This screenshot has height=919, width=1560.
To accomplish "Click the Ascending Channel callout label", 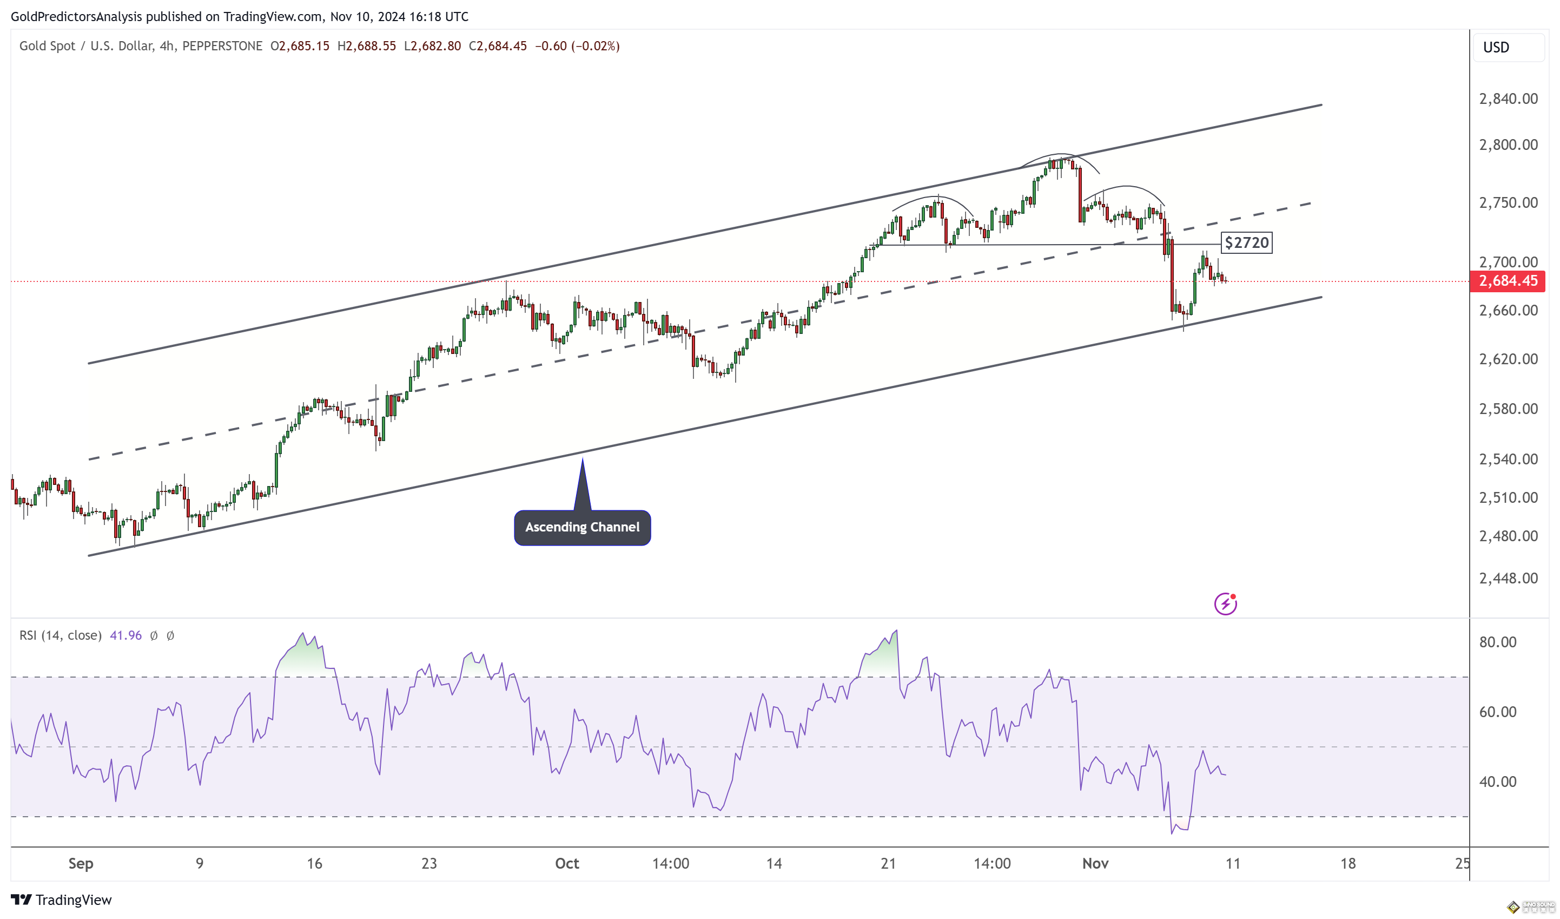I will pos(582,527).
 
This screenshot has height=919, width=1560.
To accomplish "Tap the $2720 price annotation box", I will pos(1246,242).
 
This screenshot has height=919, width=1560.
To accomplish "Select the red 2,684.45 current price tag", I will pos(1508,281).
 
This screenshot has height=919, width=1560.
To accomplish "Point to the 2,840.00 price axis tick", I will pos(1508,99).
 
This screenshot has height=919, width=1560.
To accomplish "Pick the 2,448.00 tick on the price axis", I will pos(1508,579).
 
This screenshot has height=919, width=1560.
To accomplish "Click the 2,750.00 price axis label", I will pos(1508,202).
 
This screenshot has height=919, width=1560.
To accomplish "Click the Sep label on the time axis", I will pos(81,863).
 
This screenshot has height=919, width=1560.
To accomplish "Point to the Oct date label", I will pos(566,863).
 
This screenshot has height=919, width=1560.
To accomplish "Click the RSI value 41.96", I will pos(125,635).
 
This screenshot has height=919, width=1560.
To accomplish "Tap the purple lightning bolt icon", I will pos(1225,604).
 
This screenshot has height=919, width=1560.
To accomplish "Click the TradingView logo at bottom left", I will pos(61,900).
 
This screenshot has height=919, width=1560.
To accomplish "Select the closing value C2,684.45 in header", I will pos(498,46).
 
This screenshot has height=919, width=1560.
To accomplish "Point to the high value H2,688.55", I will pos(367,46).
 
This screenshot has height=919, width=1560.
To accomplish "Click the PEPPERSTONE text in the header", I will pos(222,46).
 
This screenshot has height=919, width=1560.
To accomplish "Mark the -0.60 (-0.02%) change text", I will pos(577,46).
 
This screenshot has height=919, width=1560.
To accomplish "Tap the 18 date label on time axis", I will pos(1347,863).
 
